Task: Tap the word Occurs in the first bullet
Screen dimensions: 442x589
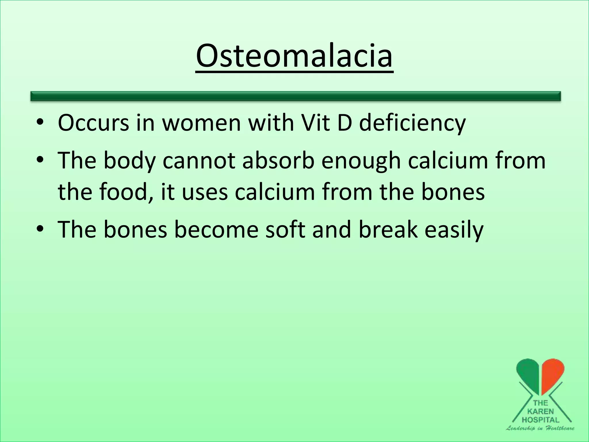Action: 93,123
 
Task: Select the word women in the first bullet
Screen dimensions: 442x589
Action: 201,123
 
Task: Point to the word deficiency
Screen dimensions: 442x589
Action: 412,123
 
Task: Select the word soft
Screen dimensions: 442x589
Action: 285,230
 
